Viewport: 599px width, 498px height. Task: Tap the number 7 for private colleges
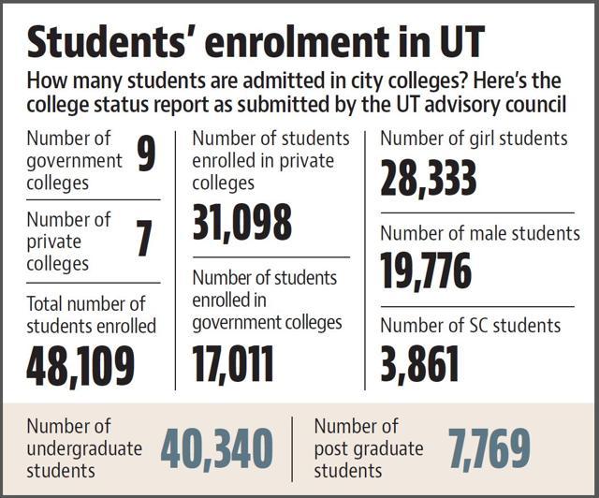(x=144, y=238)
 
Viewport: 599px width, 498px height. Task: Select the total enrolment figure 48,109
(x=80, y=366)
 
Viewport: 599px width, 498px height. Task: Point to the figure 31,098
(x=242, y=223)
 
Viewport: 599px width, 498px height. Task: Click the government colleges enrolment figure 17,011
(x=233, y=363)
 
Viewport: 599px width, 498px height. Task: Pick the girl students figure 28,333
(x=429, y=177)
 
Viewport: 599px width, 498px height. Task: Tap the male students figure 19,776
(x=426, y=271)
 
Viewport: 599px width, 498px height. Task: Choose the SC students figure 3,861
(x=419, y=363)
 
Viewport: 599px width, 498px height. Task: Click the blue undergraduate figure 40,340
(x=217, y=448)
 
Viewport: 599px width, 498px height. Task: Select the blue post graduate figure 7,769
(x=490, y=448)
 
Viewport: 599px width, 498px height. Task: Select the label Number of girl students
(x=474, y=138)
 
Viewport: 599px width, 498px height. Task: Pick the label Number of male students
(x=480, y=233)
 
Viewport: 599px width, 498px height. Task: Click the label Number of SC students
(x=470, y=326)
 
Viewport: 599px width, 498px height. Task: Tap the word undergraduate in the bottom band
(x=84, y=449)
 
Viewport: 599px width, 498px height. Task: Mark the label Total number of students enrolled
(x=92, y=315)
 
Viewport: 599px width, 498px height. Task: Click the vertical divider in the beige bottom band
(x=293, y=449)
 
